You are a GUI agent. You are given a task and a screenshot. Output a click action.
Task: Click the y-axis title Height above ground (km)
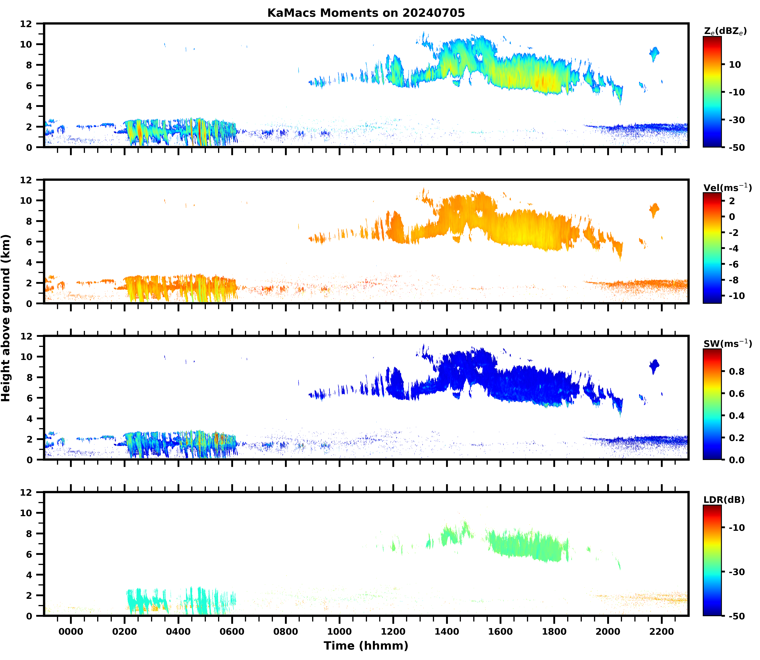[6, 318]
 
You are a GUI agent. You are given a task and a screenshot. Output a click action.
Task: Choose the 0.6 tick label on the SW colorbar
[736, 394]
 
